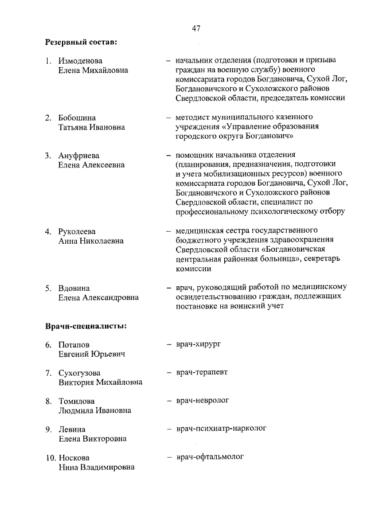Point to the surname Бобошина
[x=77, y=118]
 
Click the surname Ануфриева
[x=79, y=155]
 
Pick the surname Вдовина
[x=74, y=288]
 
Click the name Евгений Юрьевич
[x=92, y=354]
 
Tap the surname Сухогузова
[x=80, y=373]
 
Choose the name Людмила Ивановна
[x=95, y=411]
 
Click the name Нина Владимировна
[x=96, y=467]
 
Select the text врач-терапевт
[x=202, y=372]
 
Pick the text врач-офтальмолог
[x=210, y=457]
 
